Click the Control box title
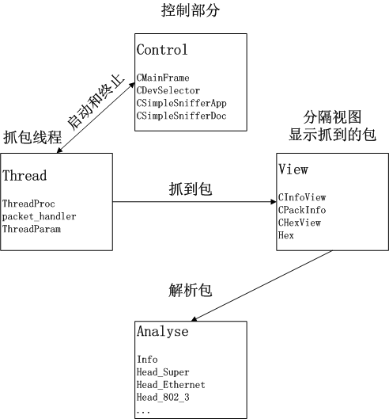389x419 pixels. pos(162,50)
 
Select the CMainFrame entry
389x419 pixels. pos(163,78)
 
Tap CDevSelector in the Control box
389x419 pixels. pos(168,90)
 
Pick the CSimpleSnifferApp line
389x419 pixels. pos(181,104)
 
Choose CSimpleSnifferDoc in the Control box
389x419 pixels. pos(181,116)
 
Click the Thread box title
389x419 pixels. pos(25,176)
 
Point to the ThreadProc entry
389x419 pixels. pos(28,204)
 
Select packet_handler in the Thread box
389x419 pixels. pos(39,216)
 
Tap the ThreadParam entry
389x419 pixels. pos(32,229)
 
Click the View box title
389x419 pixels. pos(293,170)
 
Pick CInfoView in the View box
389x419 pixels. pos(302,197)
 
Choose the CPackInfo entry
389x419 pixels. pos(302,210)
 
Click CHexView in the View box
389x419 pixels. pos(300,223)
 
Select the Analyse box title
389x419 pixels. pos(163,331)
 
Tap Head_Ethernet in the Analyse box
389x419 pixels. pos(171,385)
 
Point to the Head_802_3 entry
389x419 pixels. pos(163,398)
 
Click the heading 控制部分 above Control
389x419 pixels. pos(191,10)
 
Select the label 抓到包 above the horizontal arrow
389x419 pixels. pos(191,189)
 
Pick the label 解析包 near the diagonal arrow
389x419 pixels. pos(191,290)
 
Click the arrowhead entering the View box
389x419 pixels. pos(274,202)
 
